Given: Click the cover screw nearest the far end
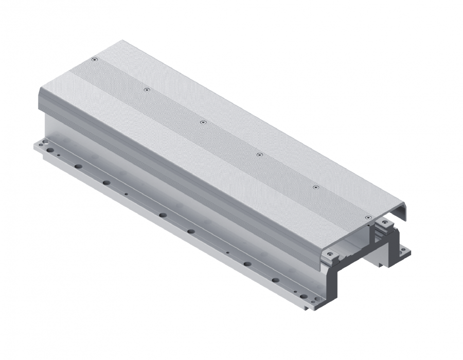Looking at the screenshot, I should pyautogui.click(x=94, y=60).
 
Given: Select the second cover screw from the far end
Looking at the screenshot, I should pyautogui.click(x=147, y=89).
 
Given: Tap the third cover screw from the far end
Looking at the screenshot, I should pyautogui.click(x=203, y=122).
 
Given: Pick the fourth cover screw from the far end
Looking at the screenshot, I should pyautogui.click(x=259, y=154).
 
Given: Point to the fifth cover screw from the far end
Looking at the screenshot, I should pyautogui.click(x=316, y=187).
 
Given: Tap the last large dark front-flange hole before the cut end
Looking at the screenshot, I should pyautogui.click(x=276, y=280).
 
